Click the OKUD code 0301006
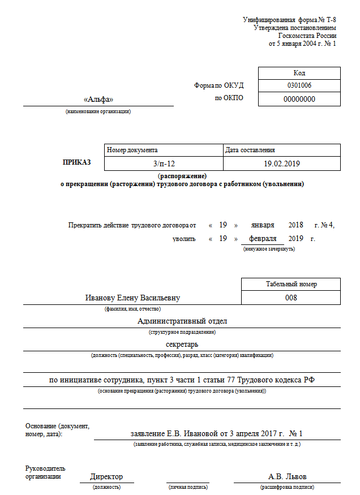click(299, 85)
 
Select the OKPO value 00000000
click(299, 99)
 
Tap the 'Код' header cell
click(299, 73)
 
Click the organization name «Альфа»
click(98, 99)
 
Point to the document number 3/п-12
click(164, 163)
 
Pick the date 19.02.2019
click(281, 163)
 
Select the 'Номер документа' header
click(132, 150)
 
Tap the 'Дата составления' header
click(250, 150)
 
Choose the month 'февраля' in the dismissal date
click(263, 238)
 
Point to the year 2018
click(296, 225)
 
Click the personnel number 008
click(291, 298)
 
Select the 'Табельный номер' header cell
click(291, 284)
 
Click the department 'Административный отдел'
click(182, 321)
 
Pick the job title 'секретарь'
click(182, 344)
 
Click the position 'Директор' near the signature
click(106, 476)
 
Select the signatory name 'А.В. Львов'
click(287, 476)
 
